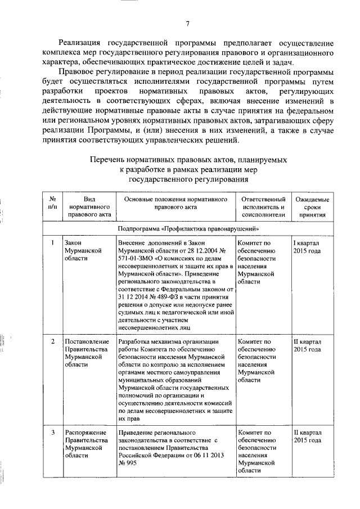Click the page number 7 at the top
point(188,24)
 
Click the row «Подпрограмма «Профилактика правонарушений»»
point(188,229)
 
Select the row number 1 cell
point(52,243)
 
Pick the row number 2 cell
point(52,341)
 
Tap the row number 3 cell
point(52,433)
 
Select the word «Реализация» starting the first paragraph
point(83,43)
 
